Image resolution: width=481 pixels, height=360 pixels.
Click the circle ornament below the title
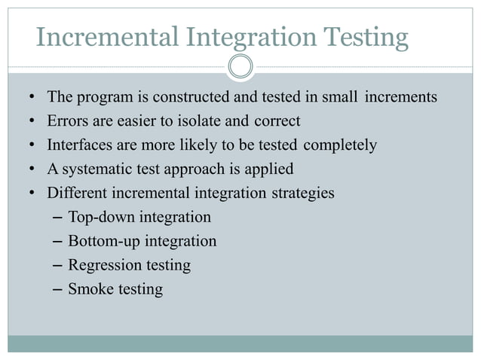[240, 66]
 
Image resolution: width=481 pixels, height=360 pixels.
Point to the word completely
[339, 145]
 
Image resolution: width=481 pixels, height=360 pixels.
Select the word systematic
[94, 169]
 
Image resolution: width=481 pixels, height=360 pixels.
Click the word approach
[195, 169]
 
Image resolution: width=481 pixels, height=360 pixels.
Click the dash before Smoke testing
[60, 290]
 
